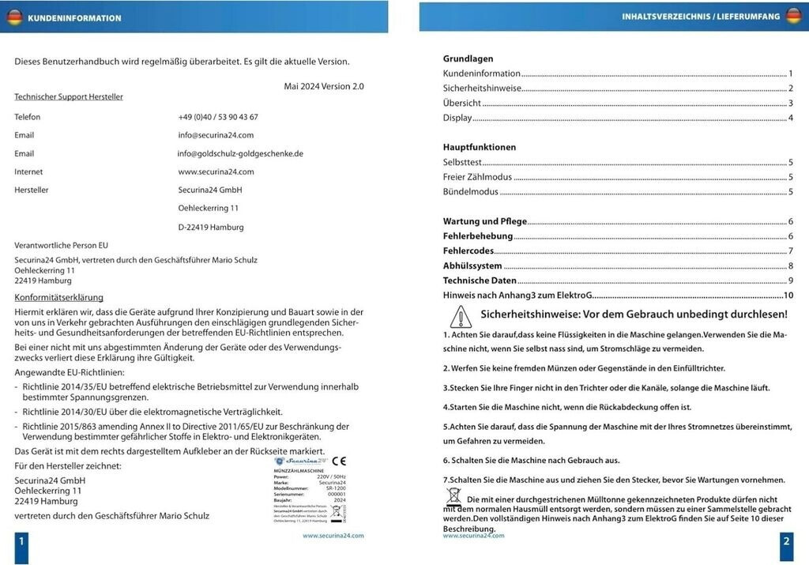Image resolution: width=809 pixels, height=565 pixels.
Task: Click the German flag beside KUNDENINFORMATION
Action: click(x=14, y=17)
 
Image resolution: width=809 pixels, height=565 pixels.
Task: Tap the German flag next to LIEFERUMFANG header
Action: click(x=793, y=16)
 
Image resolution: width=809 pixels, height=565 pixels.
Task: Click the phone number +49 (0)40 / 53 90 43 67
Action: click(x=218, y=117)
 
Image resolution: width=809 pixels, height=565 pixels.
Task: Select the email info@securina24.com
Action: click(x=216, y=135)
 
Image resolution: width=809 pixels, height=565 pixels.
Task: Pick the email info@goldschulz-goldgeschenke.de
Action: click(x=240, y=153)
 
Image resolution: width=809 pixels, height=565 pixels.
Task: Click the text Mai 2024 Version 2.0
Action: click(x=324, y=86)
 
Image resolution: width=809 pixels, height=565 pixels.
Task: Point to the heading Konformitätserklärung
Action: click(x=59, y=298)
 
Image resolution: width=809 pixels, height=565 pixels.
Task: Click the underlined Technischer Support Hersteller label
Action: click(x=69, y=97)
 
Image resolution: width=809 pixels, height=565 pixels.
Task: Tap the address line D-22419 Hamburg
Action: click(x=211, y=227)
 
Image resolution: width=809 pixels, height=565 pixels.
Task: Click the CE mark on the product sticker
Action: click(x=338, y=461)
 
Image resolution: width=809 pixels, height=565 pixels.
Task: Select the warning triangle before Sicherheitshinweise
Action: click(x=460, y=317)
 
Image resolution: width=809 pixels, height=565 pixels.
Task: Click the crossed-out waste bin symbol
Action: click(x=453, y=495)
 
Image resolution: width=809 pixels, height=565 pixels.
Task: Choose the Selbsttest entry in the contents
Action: click(x=462, y=162)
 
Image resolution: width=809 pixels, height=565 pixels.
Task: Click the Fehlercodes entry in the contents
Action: click(x=468, y=251)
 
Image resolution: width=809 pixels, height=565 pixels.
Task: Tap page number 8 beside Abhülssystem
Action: click(x=790, y=266)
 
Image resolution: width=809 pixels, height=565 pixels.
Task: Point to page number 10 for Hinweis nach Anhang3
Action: click(x=788, y=296)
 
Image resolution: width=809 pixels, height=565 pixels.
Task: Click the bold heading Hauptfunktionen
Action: click(x=480, y=147)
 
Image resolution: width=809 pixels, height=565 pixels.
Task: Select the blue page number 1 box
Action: click(x=21, y=542)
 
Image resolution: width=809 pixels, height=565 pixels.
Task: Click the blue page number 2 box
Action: click(x=786, y=541)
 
